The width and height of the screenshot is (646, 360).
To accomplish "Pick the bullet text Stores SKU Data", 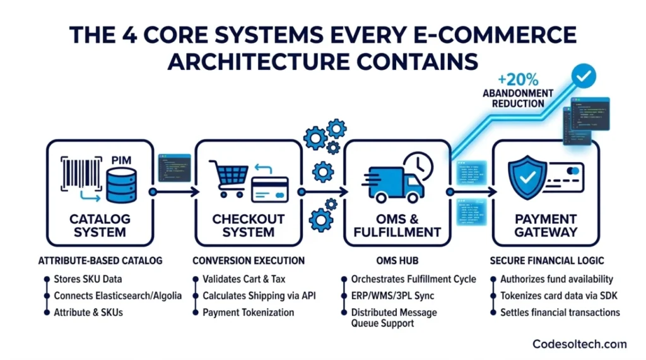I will click(x=87, y=279).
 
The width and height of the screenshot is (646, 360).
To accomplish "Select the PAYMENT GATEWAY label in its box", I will click(x=546, y=225).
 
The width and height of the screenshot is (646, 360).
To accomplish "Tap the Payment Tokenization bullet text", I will click(x=249, y=312).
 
